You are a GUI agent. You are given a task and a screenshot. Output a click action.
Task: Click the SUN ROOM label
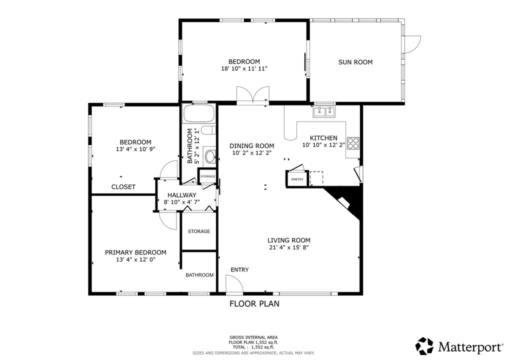[355, 62]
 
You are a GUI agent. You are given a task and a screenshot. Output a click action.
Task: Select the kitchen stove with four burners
[353, 143]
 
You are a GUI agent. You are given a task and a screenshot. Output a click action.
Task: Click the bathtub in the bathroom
[199, 114]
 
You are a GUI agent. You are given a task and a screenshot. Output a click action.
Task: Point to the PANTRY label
[297, 179]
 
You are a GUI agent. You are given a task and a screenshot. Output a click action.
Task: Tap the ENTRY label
[239, 270]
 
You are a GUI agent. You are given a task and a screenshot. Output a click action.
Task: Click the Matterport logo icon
[424, 346]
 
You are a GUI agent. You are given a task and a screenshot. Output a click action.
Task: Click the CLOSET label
[123, 187]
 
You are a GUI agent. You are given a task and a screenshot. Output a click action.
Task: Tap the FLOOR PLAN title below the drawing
[254, 303]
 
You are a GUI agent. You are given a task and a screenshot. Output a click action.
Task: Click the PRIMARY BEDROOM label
[135, 252]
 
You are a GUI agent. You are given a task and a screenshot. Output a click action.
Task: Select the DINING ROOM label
[252, 146]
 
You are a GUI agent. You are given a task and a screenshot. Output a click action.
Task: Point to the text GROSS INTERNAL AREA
[253, 337]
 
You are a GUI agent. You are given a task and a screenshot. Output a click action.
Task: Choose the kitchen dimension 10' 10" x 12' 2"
[323, 145]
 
